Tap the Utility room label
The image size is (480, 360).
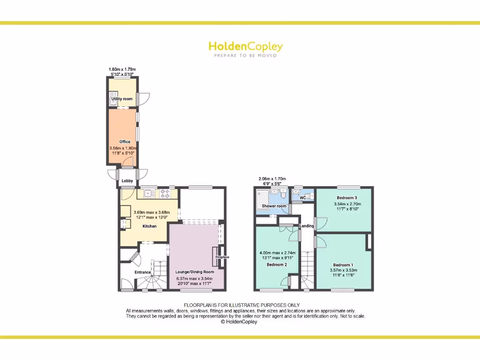(x=122, y=99)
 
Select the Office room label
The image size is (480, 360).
(x=125, y=142)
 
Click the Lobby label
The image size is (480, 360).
(x=127, y=181)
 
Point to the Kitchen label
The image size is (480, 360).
(x=150, y=226)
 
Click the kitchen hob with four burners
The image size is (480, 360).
(x=165, y=193)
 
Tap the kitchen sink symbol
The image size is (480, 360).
(x=150, y=193)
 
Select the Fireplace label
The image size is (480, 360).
(x=222, y=257)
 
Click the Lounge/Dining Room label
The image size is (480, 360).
(x=195, y=272)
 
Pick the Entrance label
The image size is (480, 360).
(x=143, y=272)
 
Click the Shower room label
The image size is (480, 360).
(x=274, y=206)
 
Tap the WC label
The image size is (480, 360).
(x=303, y=198)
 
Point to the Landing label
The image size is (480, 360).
(x=307, y=226)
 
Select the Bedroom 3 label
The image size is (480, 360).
(x=347, y=198)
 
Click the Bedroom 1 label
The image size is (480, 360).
(x=344, y=265)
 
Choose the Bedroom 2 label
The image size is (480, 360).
(x=277, y=265)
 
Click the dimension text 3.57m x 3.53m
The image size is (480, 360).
(x=344, y=270)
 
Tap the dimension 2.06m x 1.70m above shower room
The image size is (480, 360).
(x=272, y=179)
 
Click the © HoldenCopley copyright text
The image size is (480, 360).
(x=239, y=322)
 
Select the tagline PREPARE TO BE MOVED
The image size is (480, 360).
(x=245, y=55)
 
